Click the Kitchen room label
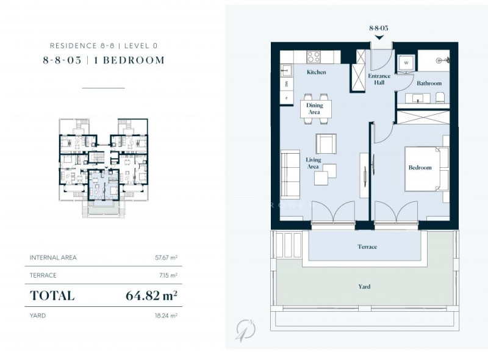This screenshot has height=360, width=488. tap(316, 72)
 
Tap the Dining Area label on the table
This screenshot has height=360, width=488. tap(314, 109)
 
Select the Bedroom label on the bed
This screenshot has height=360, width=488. tap(420, 168)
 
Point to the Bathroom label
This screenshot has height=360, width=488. tap(429, 83)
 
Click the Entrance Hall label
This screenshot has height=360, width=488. tap(379, 79)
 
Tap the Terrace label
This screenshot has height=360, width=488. tap(367, 247)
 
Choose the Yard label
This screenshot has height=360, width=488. tap(364, 287)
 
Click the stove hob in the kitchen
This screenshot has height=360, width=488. tap(314, 57)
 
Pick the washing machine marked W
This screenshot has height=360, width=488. tap(406, 63)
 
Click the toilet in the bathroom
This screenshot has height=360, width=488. tap(440, 98)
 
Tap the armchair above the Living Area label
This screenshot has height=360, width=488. tap(326, 144)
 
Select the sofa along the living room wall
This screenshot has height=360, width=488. tap(290, 174)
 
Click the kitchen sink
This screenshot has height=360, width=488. tap(286, 71)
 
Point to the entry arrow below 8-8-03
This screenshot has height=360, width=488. tap(379, 38)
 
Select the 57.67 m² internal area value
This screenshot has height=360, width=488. tap(166, 257)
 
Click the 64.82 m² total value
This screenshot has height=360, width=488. tap(151, 295)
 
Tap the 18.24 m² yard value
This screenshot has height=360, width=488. tap(166, 315)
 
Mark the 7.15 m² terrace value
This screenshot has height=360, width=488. tap(168, 275)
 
